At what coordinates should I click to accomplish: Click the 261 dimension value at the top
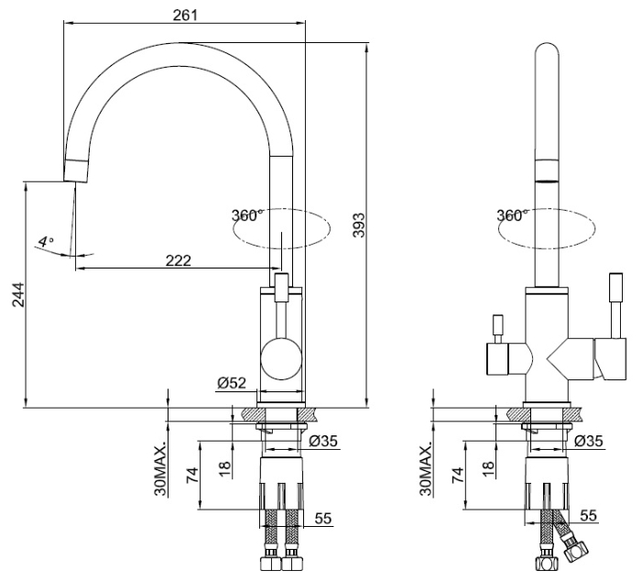[184, 15]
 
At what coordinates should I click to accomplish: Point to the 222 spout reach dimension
[178, 260]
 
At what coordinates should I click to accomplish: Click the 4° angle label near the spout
[45, 242]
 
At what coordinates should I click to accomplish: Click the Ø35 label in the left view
[324, 442]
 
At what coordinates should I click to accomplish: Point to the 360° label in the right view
[511, 215]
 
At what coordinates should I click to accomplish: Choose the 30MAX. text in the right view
[425, 469]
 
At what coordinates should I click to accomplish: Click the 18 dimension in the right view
[489, 466]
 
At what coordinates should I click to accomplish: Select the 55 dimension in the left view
[322, 519]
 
